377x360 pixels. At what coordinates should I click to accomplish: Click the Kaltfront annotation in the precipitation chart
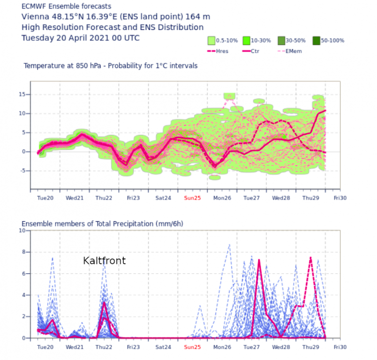pyautogui.click(x=104, y=261)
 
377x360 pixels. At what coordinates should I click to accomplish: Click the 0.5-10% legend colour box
pyautogui.click(x=212, y=41)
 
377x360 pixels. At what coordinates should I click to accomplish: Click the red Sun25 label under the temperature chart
pyautogui.click(x=192, y=198)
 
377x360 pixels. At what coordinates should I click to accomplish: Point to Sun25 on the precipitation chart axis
pyautogui.click(x=192, y=347)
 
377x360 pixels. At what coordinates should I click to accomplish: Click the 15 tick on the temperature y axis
pyautogui.click(x=22, y=95)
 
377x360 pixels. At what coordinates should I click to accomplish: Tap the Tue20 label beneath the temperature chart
pyautogui.click(x=45, y=198)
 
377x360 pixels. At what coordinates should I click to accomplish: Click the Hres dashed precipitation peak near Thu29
pyautogui.click(x=310, y=258)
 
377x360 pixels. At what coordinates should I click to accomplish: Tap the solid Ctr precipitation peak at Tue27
pyautogui.click(x=259, y=260)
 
